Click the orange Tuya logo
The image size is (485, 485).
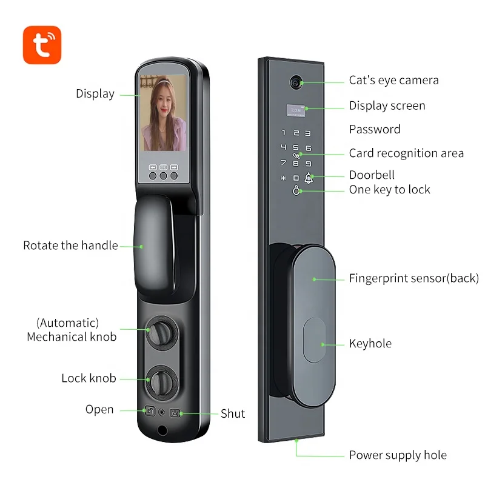42,44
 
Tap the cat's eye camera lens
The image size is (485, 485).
295,81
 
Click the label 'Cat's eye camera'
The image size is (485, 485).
393,80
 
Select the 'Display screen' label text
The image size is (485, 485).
387,105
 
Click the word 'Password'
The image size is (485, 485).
375,129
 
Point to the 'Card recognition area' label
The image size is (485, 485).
406,153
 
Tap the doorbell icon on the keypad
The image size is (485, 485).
309,178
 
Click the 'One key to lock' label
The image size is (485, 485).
389,190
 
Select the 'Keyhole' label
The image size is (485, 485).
370,344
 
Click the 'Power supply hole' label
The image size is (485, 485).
398,455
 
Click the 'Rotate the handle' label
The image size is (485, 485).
70,246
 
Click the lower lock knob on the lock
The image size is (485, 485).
161,380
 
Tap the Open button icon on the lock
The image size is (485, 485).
149,412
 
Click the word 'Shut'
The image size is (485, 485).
233,413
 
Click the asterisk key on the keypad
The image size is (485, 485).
283,178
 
